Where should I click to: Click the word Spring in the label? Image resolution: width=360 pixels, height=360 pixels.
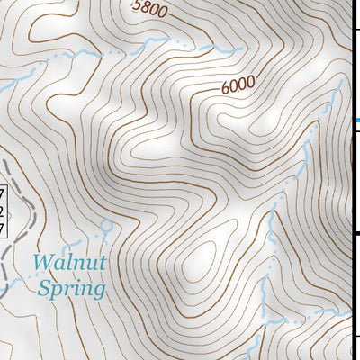coord(71,289)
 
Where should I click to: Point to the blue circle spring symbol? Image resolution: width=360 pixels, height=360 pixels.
coord(106,225)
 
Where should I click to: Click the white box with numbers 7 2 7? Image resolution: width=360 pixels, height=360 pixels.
coord(3,212)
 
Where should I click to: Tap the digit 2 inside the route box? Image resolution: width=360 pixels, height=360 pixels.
coord(3,212)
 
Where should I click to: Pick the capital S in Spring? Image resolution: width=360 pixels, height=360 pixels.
coord(43,289)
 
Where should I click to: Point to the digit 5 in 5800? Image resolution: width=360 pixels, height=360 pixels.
coord(137,7)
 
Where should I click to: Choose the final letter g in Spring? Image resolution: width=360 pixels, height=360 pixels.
coord(98,292)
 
